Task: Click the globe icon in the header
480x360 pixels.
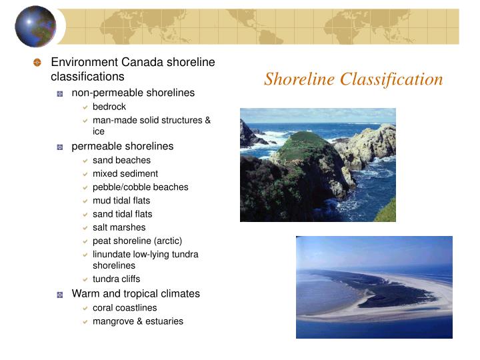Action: pos(36,26)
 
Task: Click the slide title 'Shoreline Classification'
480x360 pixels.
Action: pos(353,79)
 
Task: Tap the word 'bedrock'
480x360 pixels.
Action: pos(109,107)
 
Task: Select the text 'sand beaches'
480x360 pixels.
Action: pos(121,160)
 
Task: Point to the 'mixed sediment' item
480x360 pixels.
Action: pos(125,173)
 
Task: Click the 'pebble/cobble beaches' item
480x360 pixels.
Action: pos(140,187)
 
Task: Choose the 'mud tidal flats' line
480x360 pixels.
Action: pos(121,200)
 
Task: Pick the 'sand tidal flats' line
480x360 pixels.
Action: pos(122,214)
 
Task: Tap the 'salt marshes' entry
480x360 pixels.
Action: pos(119,227)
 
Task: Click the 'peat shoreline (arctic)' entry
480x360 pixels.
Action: pos(137,241)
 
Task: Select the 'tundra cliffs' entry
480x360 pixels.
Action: pos(116,279)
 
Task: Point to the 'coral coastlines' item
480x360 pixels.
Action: pos(125,308)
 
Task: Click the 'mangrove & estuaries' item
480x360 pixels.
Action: pos(138,321)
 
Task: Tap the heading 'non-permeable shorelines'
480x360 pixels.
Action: pos(133,93)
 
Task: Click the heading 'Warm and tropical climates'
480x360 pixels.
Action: pos(136,293)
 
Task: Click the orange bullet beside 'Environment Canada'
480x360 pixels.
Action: pos(37,63)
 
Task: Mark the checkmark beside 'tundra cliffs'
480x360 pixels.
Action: pos(85,279)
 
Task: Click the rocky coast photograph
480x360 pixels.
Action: pos(317,165)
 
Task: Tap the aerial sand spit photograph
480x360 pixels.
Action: pos(374,287)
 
